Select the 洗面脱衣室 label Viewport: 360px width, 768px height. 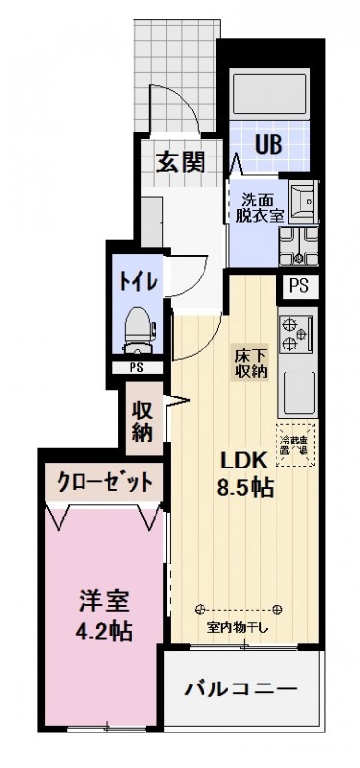tap(260, 208)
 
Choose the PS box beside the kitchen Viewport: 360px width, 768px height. tap(298, 284)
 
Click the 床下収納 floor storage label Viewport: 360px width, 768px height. tap(252, 364)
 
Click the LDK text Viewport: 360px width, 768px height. tap(244, 460)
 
